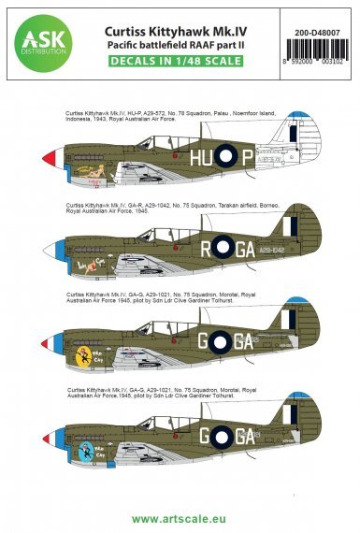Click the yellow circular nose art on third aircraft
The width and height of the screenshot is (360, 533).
pyautogui.click(x=84, y=355)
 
